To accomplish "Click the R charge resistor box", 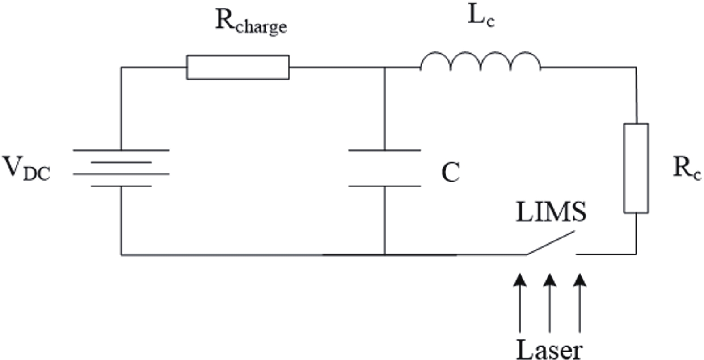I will tap(237, 68).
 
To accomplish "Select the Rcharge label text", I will tap(251, 22).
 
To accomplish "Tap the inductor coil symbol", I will tap(480, 62).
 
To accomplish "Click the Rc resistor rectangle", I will tap(636, 168).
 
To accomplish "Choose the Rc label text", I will tap(686, 169).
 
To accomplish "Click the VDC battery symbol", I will tap(121, 168).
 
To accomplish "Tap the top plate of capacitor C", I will tap(384, 150).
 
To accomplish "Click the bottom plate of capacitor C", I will tap(384, 186).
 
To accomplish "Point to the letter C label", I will tap(450, 172).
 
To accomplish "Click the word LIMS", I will tap(551, 212).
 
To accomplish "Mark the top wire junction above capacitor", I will tap(384, 68).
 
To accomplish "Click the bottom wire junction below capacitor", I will tap(384, 254).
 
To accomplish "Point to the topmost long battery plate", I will tap(121, 150).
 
